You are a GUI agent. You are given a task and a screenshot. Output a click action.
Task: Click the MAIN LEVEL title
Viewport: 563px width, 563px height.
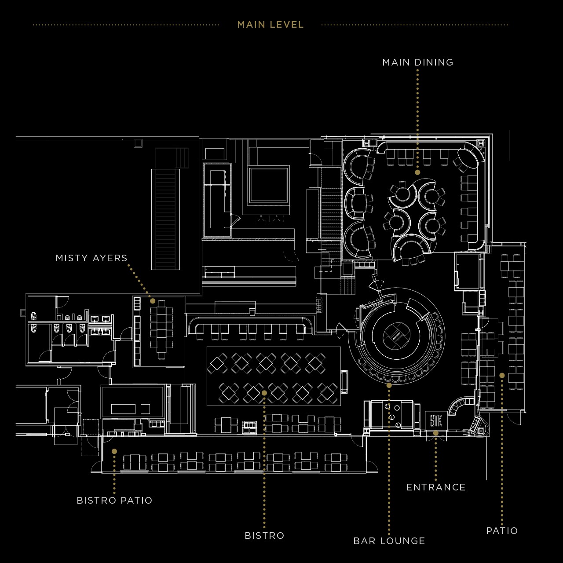pyautogui.click(x=271, y=25)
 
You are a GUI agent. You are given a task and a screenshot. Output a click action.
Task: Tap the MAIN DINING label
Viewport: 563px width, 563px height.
pyautogui.click(x=418, y=62)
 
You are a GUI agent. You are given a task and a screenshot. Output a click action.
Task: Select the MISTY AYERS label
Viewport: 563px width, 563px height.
pyautogui.click(x=91, y=258)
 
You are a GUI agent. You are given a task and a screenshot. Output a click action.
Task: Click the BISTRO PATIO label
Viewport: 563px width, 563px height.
pyautogui.click(x=114, y=501)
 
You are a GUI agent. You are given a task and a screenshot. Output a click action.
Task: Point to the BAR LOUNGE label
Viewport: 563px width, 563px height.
pyautogui.click(x=389, y=541)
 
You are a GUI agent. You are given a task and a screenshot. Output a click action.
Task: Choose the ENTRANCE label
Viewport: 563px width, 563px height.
pyautogui.click(x=436, y=487)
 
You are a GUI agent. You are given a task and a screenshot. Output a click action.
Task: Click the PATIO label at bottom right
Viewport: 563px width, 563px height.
pyautogui.click(x=502, y=531)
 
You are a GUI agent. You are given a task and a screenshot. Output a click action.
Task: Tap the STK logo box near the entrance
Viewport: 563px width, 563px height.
pyautogui.click(x=436, y=421)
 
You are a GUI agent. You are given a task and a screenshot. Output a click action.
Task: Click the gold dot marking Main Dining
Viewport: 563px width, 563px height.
pyautogui.click(x=417, y=172)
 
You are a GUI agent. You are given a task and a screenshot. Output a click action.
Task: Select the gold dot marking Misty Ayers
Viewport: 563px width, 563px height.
pyautogui.click(x=153, y=301)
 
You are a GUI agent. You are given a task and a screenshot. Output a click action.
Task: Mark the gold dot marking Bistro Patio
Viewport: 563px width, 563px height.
pyautogui.click(x=114, y=451)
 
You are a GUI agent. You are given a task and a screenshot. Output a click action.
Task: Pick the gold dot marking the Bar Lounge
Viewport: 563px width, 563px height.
pyautogui.click(x=389, y=385)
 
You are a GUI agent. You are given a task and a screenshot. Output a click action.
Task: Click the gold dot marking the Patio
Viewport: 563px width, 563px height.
pyautogui.click(x=502, y=376)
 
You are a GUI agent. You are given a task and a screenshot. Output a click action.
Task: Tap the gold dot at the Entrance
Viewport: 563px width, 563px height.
pyautogui.click(x=435, y=433)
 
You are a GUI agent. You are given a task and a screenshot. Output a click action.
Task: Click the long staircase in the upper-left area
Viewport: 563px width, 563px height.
pyautogui.click(x=165, y=219)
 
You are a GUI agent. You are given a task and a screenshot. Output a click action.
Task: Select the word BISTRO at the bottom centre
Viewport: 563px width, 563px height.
pyautogui.click(x=264, y=536)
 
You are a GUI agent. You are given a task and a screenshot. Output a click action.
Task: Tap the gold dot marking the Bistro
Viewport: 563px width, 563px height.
pyautogui.click(x=264, y=393)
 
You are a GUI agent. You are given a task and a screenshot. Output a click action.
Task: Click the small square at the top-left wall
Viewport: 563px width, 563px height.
pyautogui.click(x=138, y=143)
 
